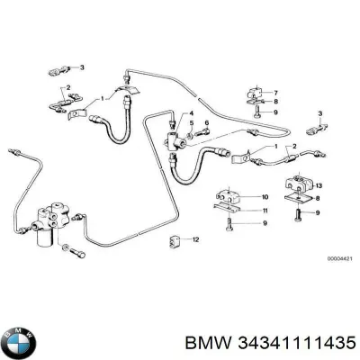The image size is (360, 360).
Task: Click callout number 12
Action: coord(196,238)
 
